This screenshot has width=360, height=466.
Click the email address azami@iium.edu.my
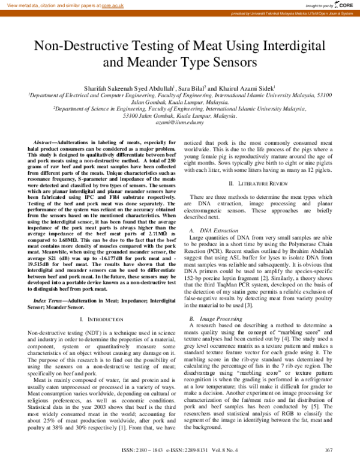tap(180, 122)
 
